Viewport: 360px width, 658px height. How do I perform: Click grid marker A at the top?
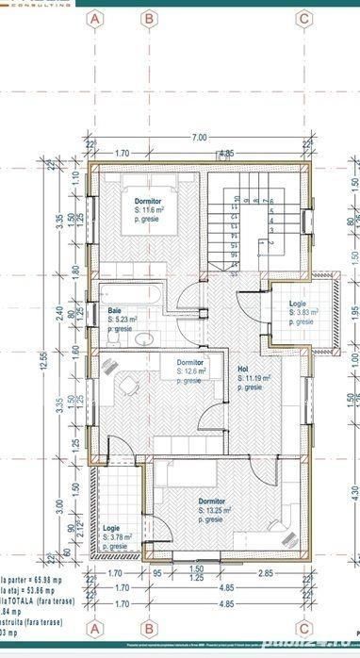[x=94, y=18]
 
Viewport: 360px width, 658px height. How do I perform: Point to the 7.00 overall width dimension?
[x=199, y=138]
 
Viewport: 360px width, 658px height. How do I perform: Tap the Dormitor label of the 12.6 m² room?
[x=191, y=362]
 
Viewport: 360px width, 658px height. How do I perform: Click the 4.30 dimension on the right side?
[x=354, y=491]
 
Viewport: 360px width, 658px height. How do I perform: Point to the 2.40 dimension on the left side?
[x=57, y=312]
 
